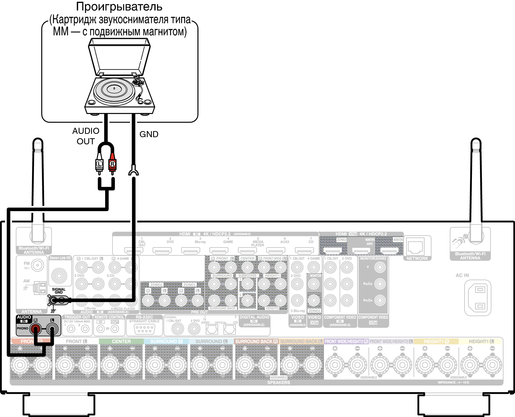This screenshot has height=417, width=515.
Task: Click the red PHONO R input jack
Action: pyautogui.click(x=36, y=328)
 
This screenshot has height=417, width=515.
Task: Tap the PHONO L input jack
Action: pyautogui.click(x=52, y=328)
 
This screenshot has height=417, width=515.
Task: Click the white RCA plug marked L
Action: pyautogui.click(x=99, y=164)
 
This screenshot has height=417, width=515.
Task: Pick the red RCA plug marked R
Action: pyautogui.click(x=112, y=164)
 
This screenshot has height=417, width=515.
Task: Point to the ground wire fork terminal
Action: pyautogui.click(x=134, y=171)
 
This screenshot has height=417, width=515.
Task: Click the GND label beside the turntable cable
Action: pyautogui.click(x=149, y=134)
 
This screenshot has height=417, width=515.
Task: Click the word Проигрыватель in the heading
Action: pyautogui.click(x=119, y=7)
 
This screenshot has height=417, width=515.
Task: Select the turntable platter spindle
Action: pyautogui.click(x=114, y=89)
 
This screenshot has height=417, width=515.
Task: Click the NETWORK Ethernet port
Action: pyautogui.click(x=415, y=247)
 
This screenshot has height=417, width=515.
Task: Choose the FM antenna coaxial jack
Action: pyautogui.click(x=37, y=265)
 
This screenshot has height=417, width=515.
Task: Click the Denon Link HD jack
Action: pyautogui.click(x=59, y=275)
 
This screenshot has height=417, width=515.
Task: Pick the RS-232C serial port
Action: pyautogui.click(x=144, y=329)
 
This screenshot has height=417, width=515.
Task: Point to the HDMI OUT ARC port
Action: pyautogui.click(x=361, y=251)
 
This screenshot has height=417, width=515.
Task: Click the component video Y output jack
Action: pyautogui.click(x=380, y=267)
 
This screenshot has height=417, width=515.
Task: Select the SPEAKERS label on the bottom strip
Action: pyautogui.click(x=278, y=383)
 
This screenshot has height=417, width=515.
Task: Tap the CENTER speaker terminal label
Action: pyautogui.click(x=121, y=341)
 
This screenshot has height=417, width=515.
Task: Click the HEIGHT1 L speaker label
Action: pyautogui.click(x=481, y=341)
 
